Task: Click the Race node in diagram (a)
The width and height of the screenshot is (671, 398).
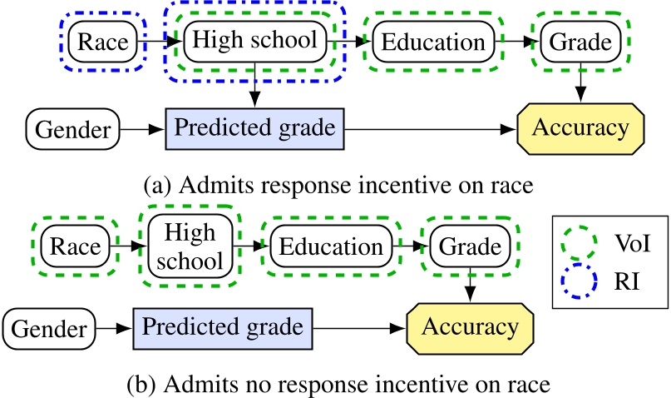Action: [101, 42]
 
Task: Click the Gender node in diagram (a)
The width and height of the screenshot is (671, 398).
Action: [72, 130]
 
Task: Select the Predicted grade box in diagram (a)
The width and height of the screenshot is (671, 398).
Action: [254, 130]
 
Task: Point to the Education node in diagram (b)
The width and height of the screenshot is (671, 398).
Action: [330, 247]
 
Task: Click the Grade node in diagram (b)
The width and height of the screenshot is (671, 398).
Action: [470, 247]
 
